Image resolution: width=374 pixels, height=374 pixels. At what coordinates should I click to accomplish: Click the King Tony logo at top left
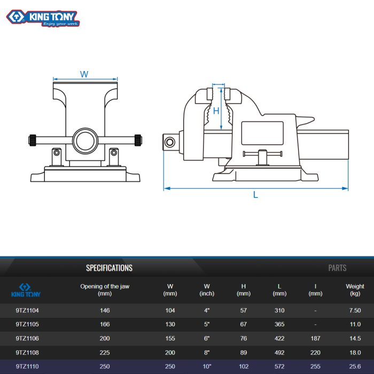(43, 18)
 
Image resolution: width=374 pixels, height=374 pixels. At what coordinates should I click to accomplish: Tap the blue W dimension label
(84, 74)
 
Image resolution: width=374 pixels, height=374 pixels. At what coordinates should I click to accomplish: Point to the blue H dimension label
(216, 111)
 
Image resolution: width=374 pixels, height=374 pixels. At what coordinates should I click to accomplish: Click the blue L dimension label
(255, 194)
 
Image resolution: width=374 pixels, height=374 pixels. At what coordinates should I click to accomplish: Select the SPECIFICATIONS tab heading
(109, 268)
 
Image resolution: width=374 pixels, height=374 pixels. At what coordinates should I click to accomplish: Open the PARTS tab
(337, 268)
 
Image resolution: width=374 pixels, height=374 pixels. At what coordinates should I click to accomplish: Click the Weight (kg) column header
(355, 290)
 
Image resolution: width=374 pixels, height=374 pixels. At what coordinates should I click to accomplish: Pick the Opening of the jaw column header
(105, 290)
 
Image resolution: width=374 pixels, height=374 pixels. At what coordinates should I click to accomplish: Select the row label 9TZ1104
(27, 310)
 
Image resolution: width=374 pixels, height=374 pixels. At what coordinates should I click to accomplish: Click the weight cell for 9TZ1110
(355, 367)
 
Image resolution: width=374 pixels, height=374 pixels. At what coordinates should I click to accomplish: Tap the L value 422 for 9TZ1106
(279, 338)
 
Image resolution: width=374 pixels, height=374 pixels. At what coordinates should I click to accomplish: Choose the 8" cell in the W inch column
(207, 352)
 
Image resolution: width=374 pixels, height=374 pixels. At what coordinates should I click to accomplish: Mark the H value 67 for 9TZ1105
(243, 324)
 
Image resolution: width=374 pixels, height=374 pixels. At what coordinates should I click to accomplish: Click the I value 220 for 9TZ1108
(315, 352)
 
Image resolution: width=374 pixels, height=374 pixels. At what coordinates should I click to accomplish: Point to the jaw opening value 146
(105, 310)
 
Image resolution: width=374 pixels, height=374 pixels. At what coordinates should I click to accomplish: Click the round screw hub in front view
(85, 141)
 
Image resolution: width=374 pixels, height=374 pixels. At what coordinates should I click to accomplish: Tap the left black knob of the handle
(33, 140)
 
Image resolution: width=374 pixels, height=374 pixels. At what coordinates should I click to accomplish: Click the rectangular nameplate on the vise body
(262, 133)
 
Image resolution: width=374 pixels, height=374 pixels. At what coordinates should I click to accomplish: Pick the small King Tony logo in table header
(26, 290)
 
